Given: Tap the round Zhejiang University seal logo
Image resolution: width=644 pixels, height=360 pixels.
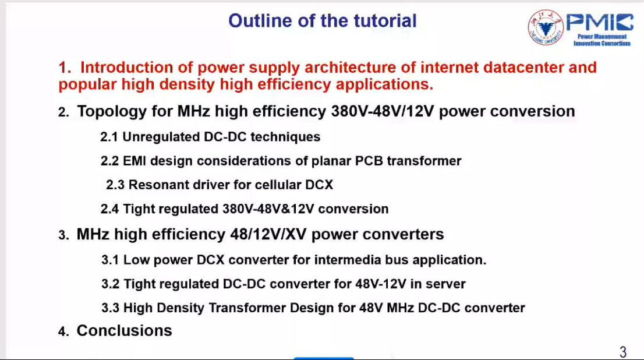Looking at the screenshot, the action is coord(546,27).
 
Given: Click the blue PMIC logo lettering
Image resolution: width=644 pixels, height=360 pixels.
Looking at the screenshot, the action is coord(600,23).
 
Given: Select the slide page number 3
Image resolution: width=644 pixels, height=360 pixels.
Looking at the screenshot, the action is coord(623,352).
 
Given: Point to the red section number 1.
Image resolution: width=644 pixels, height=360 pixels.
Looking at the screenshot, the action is coord(65,68).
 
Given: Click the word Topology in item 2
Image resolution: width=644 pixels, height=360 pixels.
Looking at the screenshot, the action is coord(112,112).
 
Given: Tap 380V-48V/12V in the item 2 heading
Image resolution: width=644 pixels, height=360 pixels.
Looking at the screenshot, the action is coord(383,111).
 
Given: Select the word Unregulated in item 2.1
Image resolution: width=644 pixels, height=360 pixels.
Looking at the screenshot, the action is coord(161,137).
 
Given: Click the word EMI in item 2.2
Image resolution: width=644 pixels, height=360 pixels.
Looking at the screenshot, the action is coord(135,161).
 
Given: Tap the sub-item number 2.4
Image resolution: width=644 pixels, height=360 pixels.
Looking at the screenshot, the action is coord(109,209).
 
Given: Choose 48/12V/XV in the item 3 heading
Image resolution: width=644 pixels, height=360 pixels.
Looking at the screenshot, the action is coord(268,234).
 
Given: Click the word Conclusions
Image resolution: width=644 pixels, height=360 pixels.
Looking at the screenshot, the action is coord(125,331).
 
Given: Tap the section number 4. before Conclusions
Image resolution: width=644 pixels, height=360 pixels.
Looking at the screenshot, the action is coord(63,331).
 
